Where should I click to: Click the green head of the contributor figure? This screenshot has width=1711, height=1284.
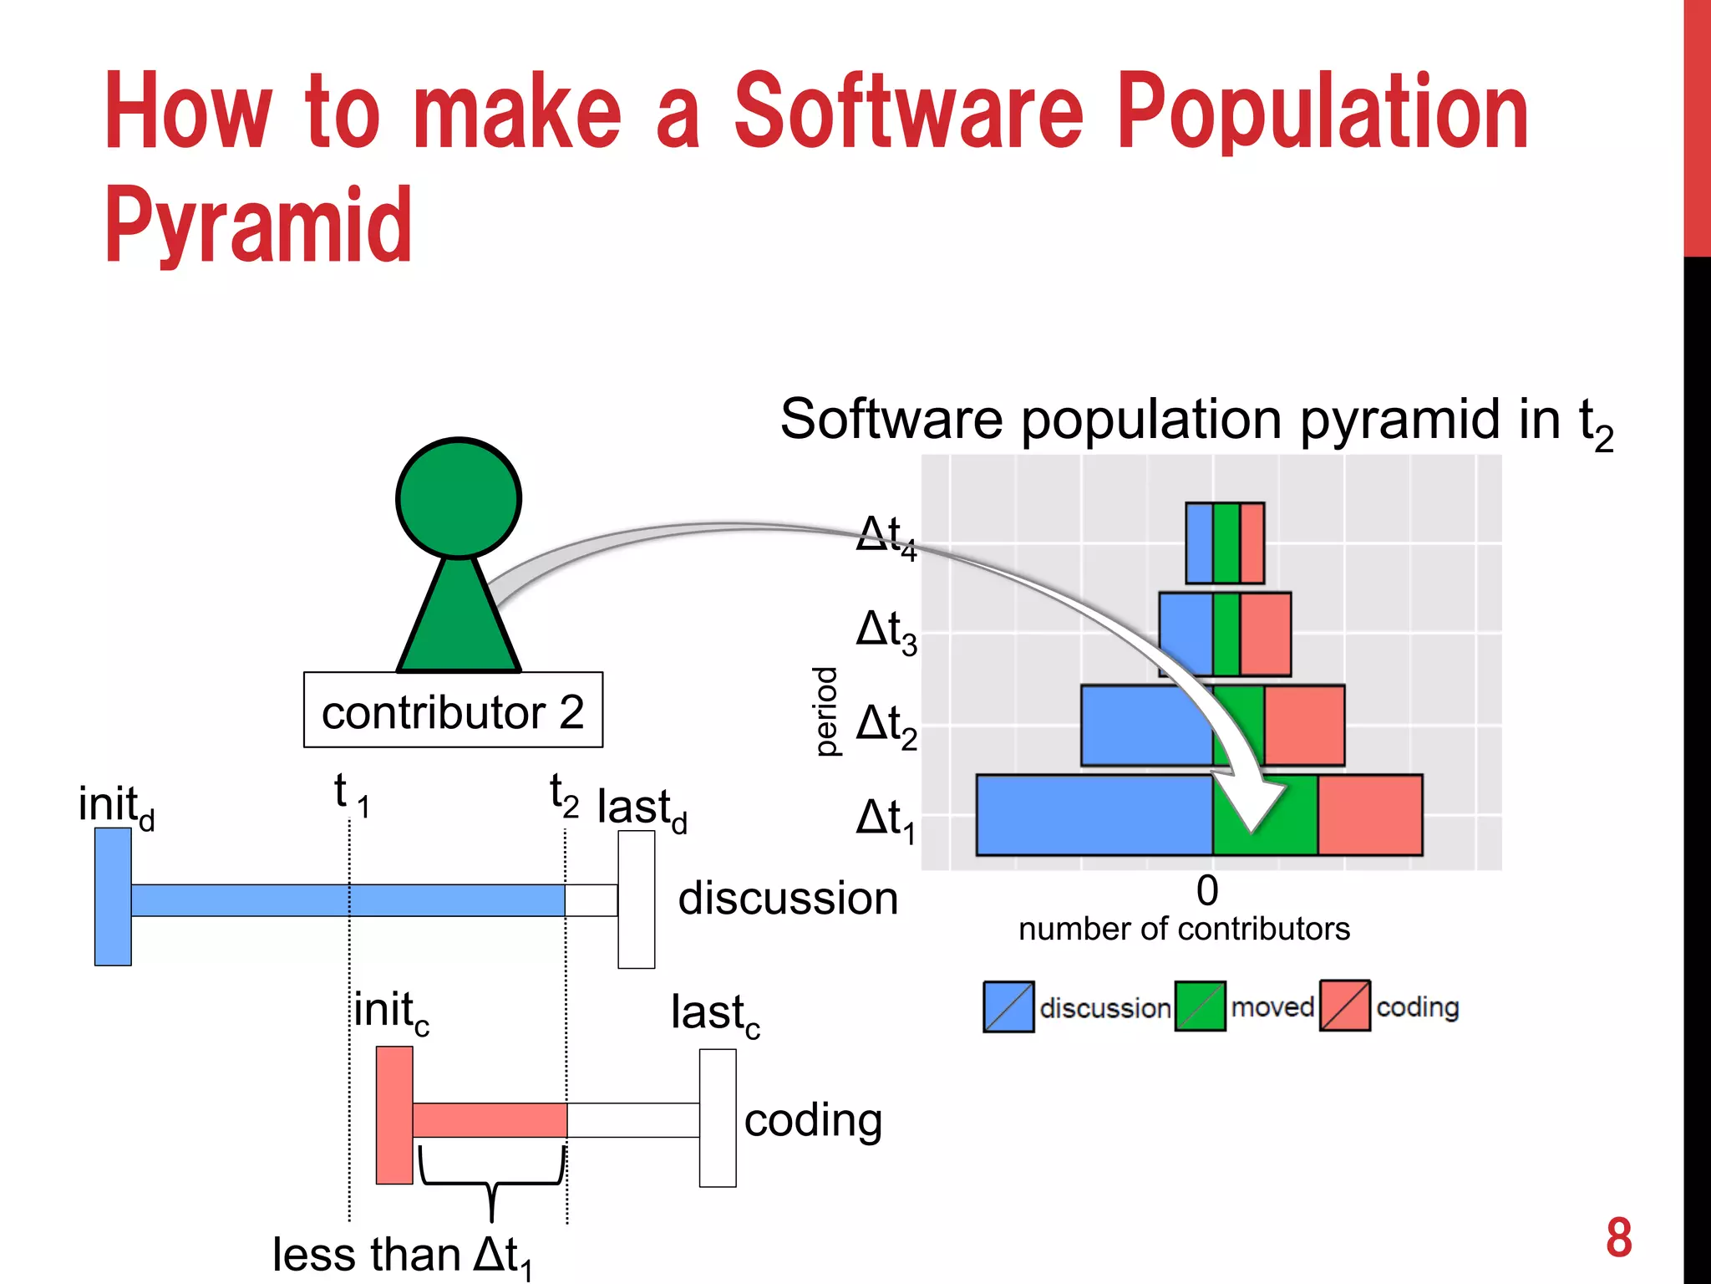tap(459, 498)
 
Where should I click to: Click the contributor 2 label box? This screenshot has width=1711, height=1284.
tap(453, 711)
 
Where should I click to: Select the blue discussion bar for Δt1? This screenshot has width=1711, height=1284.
tap(1094, 815)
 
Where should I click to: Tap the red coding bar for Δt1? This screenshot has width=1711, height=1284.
tap(1370, 815)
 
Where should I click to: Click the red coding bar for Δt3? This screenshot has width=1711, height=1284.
tap(1265, 634)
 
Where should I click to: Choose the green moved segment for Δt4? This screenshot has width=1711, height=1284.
tap(1226, 543)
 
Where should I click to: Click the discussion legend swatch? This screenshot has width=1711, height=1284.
tap(1008, 1006)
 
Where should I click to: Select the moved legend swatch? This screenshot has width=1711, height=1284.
tap(1200, 1006)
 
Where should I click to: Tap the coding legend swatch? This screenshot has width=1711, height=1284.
tap(1344, 1006)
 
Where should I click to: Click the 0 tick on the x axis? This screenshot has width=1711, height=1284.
tap(1207, 891)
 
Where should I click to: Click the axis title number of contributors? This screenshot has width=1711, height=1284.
tap(1184, 929)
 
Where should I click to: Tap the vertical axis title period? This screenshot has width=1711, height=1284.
tap(825, 711)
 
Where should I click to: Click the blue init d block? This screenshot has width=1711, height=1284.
tap(113, 897)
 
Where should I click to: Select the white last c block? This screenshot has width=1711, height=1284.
tap(718, 1118)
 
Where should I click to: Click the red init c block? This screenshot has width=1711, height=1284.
tap(394, 1115)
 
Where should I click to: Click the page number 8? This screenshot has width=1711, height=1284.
tap(1618, 1238)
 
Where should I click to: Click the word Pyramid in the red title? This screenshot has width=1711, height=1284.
tap(258, 226)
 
